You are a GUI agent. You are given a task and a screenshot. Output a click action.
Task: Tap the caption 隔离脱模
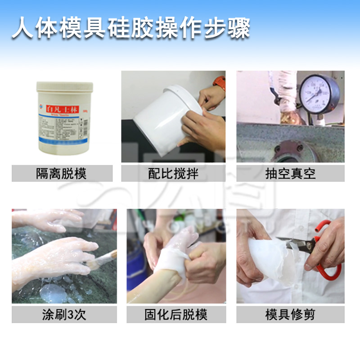[x=62, y=174]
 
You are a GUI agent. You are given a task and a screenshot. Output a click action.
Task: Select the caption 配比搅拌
[x=173, y=174]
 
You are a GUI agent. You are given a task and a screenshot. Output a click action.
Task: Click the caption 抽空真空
[x=290, y=174]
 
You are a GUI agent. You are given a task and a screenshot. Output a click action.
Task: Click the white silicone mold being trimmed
[x=270, y=261]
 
